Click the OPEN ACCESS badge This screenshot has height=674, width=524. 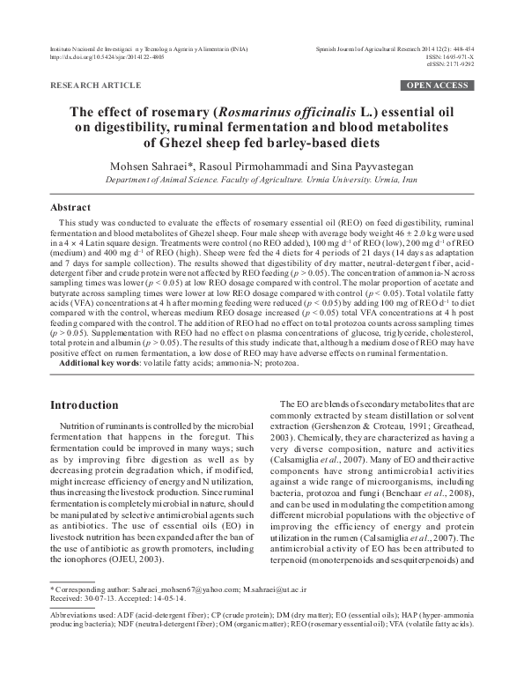click(x=437, y=85)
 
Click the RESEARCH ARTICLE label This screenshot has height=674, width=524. click(x=96, y=85)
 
